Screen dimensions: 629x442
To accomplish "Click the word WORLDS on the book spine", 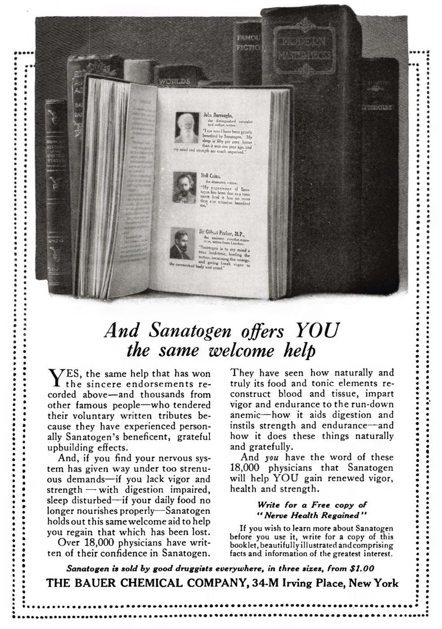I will click(174, 82).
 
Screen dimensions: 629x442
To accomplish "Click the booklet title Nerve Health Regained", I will click(311, 514).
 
